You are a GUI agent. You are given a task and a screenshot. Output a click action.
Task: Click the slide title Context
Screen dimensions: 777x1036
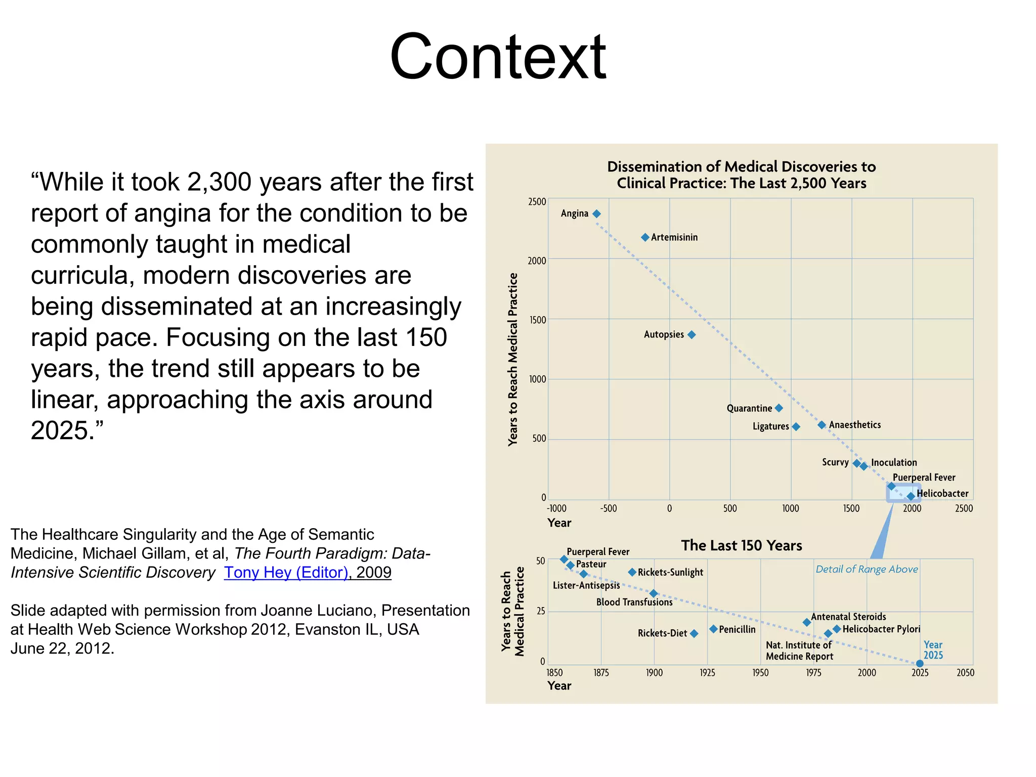pos(498,57)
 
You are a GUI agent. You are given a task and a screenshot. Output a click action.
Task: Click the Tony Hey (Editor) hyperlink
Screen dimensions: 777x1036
pos(286,572)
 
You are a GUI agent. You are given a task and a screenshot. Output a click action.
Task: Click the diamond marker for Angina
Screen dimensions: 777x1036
pos(596,214)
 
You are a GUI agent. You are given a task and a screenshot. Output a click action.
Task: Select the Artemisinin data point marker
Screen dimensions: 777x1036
pos(645,237)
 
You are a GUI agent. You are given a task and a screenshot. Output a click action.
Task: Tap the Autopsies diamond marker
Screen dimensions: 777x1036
pos(692,334)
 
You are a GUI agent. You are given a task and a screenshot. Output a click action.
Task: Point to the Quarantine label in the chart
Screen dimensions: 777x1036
pos(749,408)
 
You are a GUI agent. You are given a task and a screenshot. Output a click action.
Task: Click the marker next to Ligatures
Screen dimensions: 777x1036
pos(796,427)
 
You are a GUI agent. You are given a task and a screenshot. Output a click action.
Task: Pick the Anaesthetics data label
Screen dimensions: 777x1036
pos(854,425)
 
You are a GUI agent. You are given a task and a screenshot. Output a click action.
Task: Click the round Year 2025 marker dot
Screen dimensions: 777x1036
pos(920,664)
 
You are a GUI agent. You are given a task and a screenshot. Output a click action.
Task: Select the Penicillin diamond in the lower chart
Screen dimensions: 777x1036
pos(713,629)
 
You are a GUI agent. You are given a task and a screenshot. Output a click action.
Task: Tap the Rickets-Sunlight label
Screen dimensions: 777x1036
pos(670,572)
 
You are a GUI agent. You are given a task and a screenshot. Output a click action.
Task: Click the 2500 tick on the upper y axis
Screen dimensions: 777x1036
pos(537,202)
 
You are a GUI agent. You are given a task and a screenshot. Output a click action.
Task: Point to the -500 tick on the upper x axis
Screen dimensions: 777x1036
pos(608,508)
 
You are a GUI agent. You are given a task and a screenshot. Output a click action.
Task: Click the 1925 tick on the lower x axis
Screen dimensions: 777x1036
pos(707,673)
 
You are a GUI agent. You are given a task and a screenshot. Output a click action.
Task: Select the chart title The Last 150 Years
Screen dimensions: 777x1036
pos(741,545)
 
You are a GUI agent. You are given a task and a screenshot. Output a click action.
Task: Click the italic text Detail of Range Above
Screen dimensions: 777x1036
pos(867,569)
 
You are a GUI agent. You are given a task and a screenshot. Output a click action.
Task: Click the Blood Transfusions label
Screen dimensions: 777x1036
pos(634,602)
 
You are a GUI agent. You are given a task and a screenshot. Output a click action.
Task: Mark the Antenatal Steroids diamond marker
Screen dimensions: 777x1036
pos(807,622)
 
